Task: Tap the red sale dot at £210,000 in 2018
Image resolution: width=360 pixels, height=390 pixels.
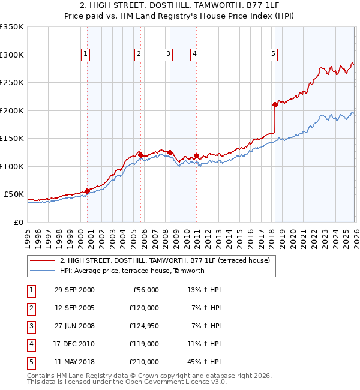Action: click(275, 105)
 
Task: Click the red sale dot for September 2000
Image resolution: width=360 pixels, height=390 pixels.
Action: click(88, 191)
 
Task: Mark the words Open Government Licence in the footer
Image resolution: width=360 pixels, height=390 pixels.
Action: click(172, 381)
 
